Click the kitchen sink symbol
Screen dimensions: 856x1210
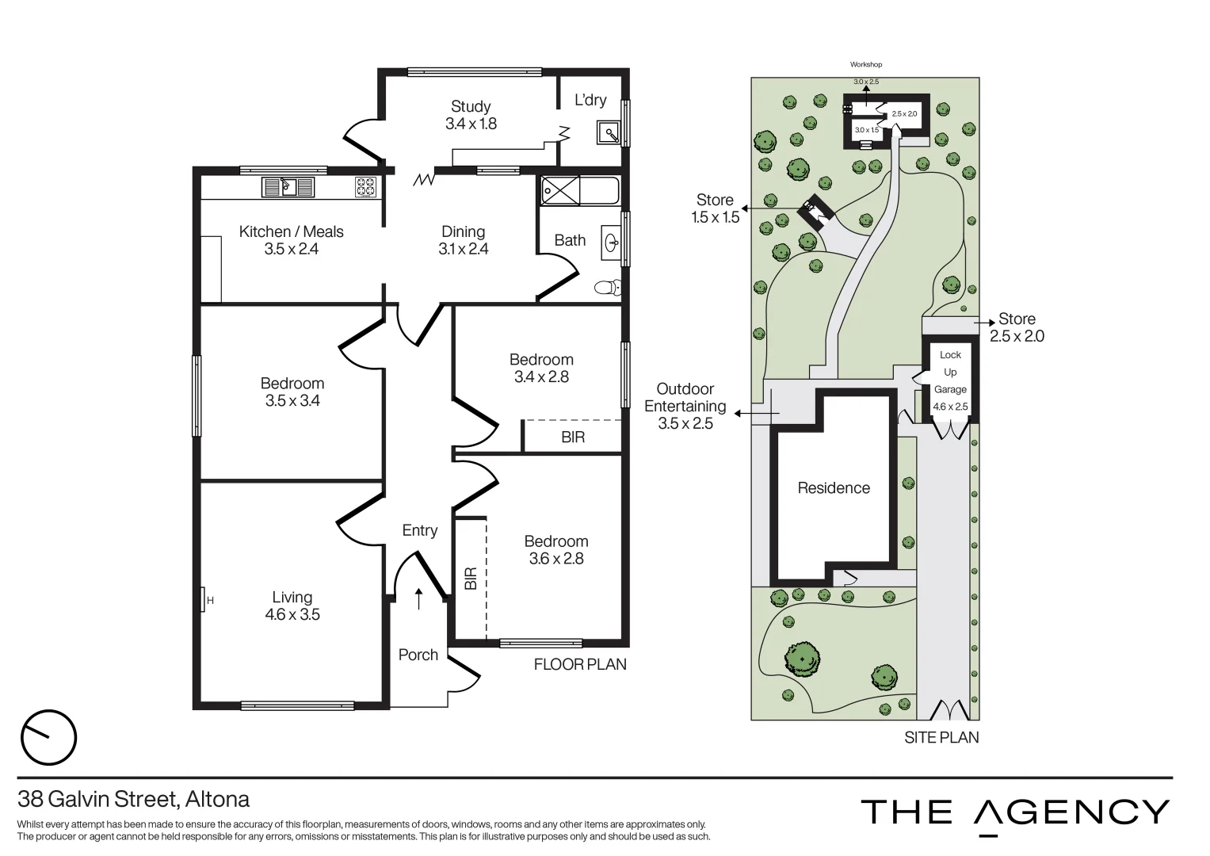pos(288,187)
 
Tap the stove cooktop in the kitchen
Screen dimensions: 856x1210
pos(365,187)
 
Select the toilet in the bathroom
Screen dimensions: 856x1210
pos(608,287)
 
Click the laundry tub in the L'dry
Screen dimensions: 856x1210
pos(608,132)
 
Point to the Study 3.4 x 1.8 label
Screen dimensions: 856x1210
pos(471,115)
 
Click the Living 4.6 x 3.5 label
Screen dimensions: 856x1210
pos(292,606)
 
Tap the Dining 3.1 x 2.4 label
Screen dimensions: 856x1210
pos(463,240)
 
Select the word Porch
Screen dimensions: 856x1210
pos(418,655)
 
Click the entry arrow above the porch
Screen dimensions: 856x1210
pos(418,599)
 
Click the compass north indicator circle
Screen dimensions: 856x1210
pos(48,738)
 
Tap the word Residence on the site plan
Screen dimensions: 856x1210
pos(833,488)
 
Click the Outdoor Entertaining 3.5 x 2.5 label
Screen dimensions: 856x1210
pos(685,406)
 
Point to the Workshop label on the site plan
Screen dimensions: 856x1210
pos(865,64)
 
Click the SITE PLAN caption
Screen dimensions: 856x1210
pos(941,737)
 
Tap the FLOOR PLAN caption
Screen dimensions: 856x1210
pos(580,664)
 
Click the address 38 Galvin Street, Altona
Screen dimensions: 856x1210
pos(134,798)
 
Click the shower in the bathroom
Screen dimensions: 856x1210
pos(560,191)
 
